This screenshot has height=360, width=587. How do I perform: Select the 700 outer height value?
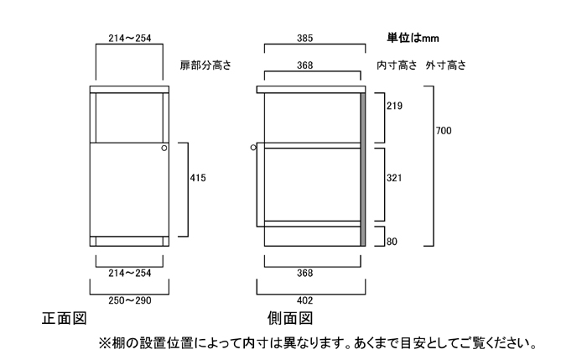click(x=444, y=130)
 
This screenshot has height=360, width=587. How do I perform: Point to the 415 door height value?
click(x=198, y=178)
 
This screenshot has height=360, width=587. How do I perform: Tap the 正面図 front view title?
click(x=65, y=320)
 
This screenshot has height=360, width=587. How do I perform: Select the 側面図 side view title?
click(x=289, y=320)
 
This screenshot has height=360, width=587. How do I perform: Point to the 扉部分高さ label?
click(x=205, y=65)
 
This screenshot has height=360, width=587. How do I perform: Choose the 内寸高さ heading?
click(x=397, y=65)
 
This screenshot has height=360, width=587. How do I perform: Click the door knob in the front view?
click(x=164, y=149)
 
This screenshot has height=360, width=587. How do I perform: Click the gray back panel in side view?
click(x=363, y=168)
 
